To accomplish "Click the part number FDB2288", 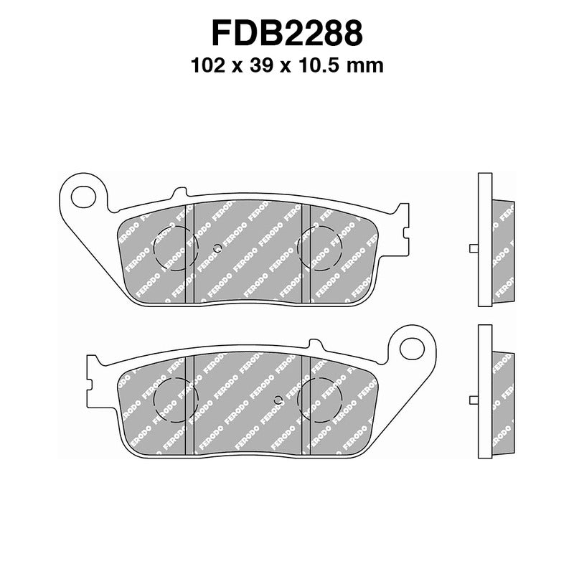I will click(x=287, y=34).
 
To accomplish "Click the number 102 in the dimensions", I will click(x=206, y=66).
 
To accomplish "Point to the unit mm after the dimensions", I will click(x=367, y=66).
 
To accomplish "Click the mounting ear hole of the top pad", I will click(x=84, y=196).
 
